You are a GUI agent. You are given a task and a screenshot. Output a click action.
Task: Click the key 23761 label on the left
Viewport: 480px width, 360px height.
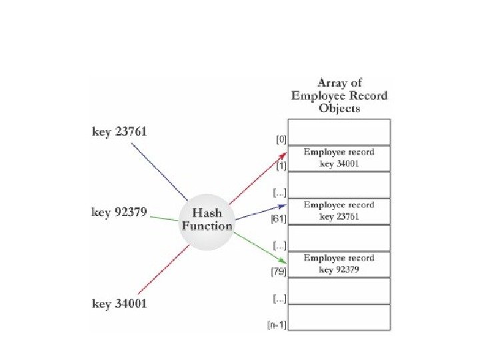(119, 132)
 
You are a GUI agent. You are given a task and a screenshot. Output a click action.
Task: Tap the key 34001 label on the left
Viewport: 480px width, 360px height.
(119, 304)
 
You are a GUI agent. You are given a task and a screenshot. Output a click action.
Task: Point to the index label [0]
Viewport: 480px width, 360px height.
(282, 140)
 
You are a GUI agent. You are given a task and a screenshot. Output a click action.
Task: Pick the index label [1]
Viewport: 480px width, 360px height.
(282, 166)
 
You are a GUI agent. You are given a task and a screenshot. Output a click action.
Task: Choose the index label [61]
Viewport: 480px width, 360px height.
(279, 219)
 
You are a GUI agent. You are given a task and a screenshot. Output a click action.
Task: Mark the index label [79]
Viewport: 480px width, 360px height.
(279, 272)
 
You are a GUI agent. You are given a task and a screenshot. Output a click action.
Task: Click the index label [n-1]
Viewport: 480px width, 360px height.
(277, 325)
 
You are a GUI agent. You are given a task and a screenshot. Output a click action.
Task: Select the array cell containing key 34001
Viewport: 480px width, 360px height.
(339, 158)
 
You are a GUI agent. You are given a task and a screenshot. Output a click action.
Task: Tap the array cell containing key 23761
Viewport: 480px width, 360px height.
(339, 211)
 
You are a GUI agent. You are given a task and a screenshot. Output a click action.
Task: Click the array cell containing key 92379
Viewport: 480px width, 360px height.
(339, 264)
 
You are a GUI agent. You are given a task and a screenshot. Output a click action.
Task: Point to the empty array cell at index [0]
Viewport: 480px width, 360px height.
(339, 131)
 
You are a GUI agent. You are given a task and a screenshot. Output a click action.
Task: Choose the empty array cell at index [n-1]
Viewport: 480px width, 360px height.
(339, 318)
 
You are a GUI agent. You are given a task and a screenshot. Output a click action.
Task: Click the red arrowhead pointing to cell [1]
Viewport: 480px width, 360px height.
(283, 155)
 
